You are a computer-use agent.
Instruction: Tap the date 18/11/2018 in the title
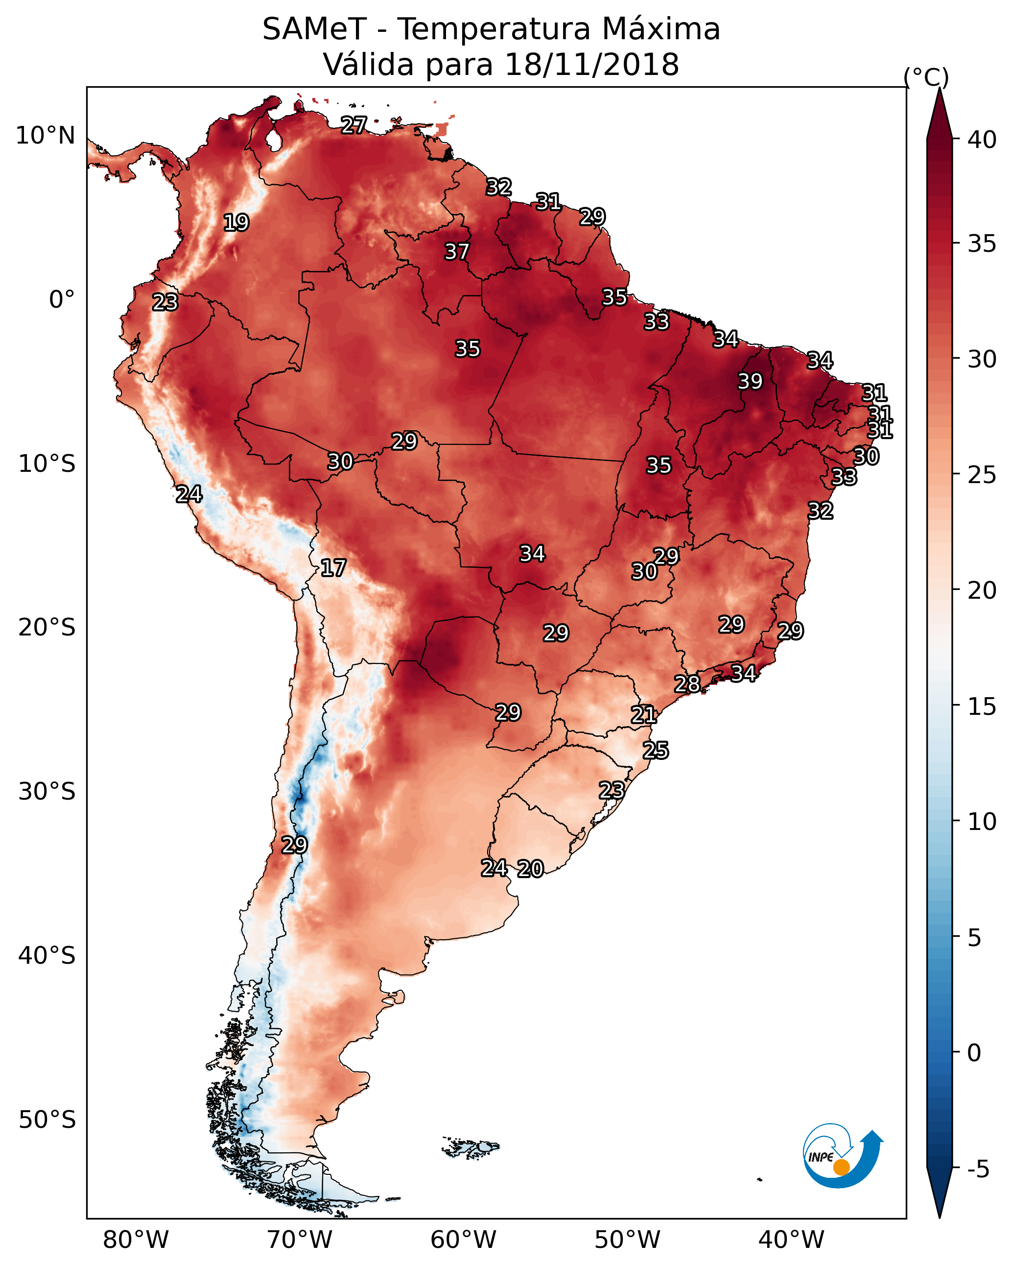[591, 65]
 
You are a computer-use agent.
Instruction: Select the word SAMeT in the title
[314, 29]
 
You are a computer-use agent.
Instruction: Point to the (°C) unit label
[926, 77]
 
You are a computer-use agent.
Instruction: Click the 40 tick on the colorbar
[983, 140]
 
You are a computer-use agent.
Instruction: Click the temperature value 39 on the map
[750, 381]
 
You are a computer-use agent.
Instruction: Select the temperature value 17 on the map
[333, 568]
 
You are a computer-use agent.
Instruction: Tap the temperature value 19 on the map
[236, 223]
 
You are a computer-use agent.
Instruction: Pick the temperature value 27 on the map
[354, 124]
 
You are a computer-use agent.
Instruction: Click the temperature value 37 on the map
[457, 251]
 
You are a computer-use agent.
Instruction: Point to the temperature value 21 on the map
[644, 715]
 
